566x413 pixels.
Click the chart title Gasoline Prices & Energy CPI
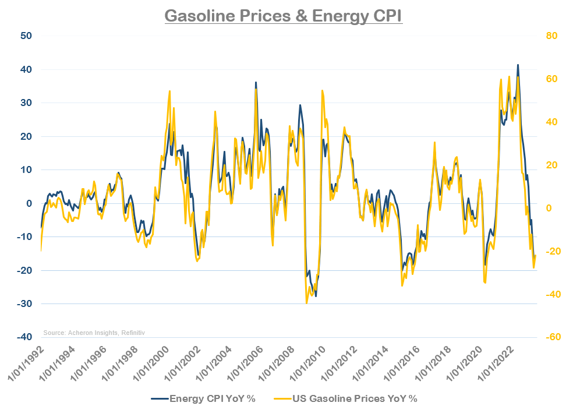[283, 15]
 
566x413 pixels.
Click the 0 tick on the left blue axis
[27, 203]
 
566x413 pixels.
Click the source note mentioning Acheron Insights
[93, 333]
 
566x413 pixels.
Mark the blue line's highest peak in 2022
[518, 65]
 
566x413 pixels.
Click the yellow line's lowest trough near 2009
[306, 303]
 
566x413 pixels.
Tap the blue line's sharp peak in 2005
[256, 83]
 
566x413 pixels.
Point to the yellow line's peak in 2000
[169, 91]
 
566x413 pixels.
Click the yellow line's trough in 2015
[402, 285]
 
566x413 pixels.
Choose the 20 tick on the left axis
[26, 136]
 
